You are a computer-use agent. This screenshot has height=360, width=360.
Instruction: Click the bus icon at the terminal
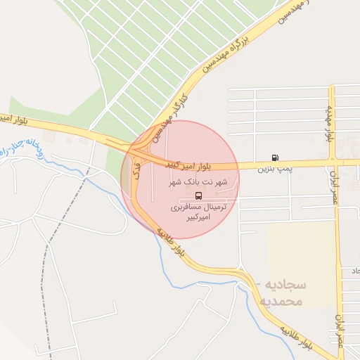[198, 195]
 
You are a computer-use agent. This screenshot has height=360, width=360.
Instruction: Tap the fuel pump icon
[274, 158]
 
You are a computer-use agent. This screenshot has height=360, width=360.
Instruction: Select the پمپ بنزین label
[274, 169]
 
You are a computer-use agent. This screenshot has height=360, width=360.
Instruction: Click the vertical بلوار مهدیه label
[329, 123]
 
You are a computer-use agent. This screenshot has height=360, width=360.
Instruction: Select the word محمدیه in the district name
[281, 302]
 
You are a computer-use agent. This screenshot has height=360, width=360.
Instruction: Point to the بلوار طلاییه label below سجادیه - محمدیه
[297, 337]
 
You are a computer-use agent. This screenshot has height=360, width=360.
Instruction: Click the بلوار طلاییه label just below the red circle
[172, 240]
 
